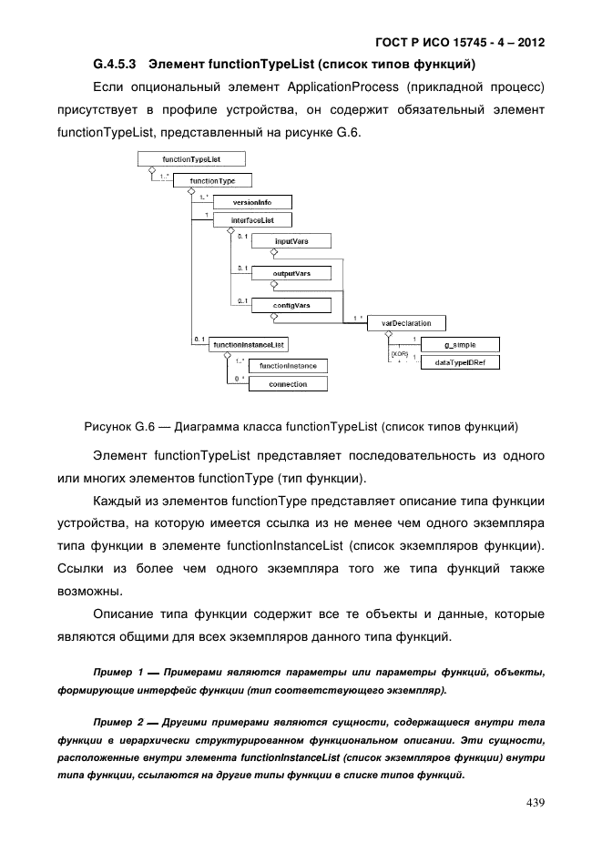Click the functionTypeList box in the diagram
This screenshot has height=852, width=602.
coord(191,159)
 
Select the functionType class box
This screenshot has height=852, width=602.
coord(212,180)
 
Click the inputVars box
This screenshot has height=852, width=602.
coord(291,241)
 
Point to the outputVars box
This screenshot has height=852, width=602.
coord(291,272)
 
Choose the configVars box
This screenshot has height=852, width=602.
coord(291,305)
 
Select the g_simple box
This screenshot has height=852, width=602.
coord(460,344)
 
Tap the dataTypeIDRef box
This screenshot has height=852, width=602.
coord(460,362)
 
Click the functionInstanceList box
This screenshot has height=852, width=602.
coord(249,344)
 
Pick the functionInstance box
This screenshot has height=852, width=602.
coord(288,366)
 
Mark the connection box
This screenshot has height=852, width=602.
coord(288,384)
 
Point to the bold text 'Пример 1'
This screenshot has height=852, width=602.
coord(116,673)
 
